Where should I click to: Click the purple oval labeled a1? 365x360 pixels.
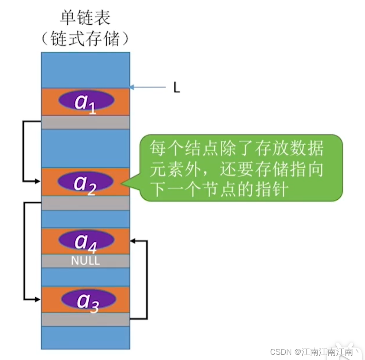86,100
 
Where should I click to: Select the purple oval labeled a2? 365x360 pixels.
86,181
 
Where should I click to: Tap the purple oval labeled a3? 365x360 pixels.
88,300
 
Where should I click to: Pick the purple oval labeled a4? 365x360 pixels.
86,240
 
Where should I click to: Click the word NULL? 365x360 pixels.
85,261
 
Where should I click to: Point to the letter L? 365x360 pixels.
176,88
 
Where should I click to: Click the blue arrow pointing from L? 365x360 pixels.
147,88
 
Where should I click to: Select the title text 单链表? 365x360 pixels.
85,18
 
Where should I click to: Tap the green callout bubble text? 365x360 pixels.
236,169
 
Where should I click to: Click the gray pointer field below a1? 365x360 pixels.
85,122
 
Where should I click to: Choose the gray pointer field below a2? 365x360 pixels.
85,203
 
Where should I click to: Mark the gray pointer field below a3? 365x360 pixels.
85,319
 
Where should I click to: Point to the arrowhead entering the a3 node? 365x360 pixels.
38,299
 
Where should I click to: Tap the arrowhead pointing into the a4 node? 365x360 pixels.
134,240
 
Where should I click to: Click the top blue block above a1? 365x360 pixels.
85,69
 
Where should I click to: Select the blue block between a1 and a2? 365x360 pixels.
85,148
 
